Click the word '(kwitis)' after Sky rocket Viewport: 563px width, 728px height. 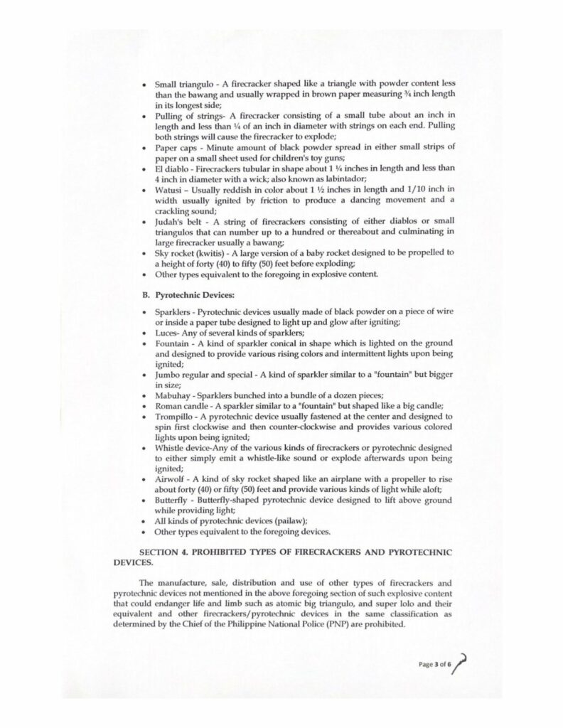click(208, 252)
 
